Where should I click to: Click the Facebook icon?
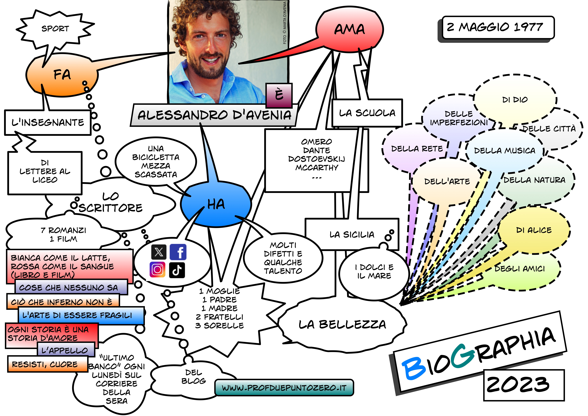click(x=178, y=252)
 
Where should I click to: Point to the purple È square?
click(x=279, y=95)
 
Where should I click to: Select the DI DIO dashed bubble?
click(x=515, y=100)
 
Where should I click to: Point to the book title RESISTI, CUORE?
click(x=45, y=364)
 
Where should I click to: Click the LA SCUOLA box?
click(x=367, y=113)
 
